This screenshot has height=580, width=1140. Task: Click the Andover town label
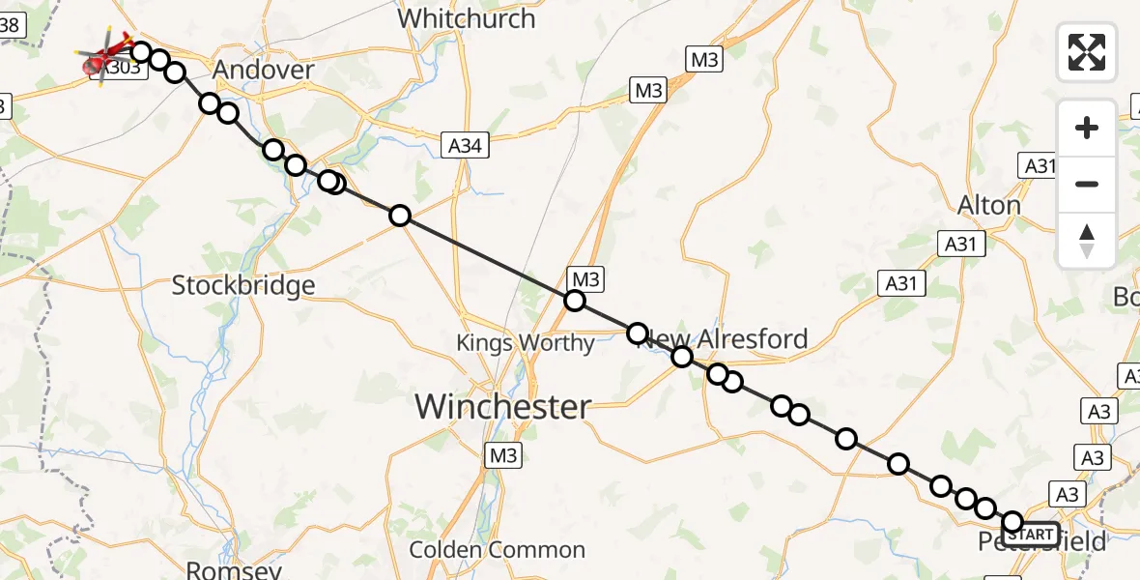[263, 70]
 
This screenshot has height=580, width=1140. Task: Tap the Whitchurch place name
[466, 18]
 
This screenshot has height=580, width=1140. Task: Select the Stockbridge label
[243, 285]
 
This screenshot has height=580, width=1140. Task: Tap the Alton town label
[988, 205]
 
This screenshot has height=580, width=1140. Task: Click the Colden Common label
[497, 550]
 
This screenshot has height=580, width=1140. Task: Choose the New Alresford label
[734, 339]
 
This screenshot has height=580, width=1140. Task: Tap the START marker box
[1034, 534]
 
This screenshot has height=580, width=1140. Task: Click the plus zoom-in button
[1087, 128]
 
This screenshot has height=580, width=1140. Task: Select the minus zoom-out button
[1087, 184]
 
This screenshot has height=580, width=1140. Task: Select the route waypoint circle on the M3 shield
[575, 301]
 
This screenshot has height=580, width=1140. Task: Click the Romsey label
[221, 570]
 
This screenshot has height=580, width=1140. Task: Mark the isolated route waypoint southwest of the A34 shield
[400, 216]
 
